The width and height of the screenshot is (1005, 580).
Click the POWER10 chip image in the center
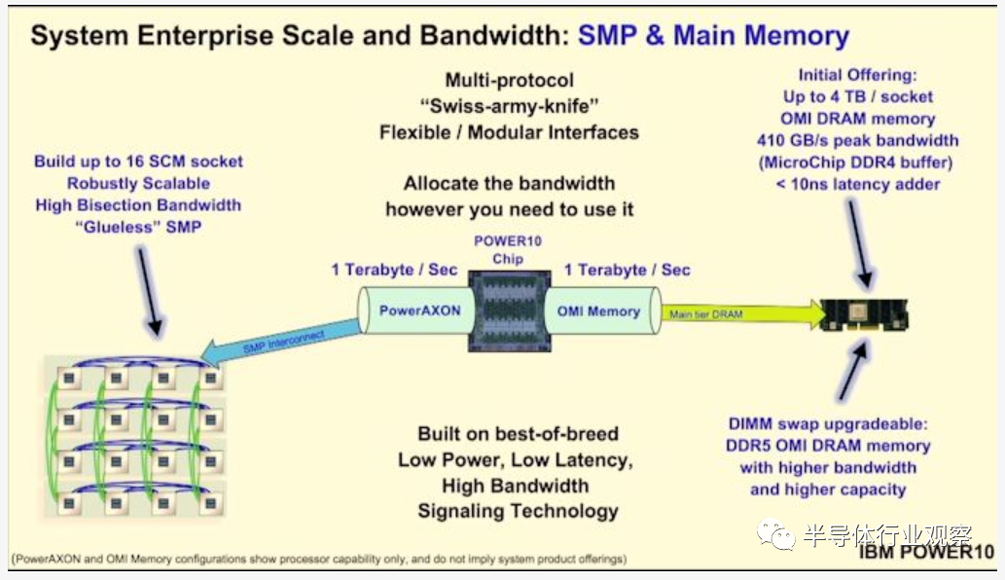510,310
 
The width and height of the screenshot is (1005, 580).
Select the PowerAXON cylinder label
420,310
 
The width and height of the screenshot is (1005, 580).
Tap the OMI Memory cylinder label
598,311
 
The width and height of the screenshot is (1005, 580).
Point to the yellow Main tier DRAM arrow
743,314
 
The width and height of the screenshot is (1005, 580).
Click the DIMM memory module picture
865,314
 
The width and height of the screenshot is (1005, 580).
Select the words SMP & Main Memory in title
713,35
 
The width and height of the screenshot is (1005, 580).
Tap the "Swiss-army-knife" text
509,106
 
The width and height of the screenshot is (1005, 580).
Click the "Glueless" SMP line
138,227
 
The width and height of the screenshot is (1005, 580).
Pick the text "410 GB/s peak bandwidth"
857,140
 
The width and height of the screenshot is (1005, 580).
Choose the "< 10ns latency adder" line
857,185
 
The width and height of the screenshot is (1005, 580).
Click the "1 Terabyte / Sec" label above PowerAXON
394,270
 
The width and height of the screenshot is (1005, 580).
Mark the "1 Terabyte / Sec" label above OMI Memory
627,270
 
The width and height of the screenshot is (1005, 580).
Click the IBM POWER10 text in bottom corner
926,552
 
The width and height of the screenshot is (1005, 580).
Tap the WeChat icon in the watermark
775,534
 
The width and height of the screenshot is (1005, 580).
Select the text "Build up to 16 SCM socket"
138,162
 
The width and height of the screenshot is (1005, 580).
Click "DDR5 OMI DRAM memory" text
828,446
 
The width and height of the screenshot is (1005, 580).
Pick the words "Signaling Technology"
518,512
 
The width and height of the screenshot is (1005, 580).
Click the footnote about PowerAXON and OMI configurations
318,559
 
